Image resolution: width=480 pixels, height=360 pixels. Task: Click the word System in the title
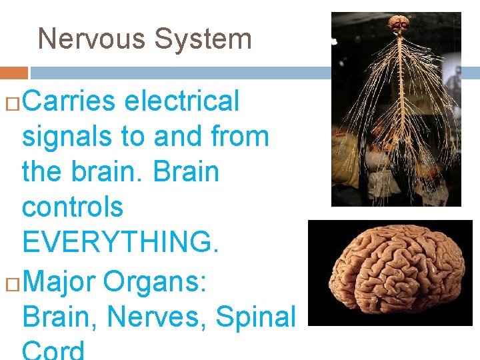click(203, 39)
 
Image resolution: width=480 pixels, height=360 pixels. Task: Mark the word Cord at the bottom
click(53, 349)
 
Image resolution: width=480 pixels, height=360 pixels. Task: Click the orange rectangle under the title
click(13, 73)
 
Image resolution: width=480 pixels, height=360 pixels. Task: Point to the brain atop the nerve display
click(399, 25)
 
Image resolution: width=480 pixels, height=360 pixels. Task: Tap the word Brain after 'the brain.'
click(186, 172)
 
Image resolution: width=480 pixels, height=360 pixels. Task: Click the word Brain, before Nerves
click(60, 317)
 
